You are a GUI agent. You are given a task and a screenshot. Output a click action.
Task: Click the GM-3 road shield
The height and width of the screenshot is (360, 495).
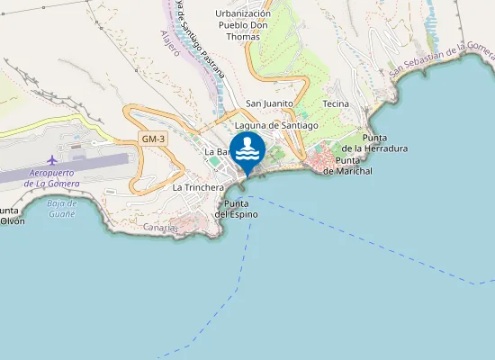click(153, 139)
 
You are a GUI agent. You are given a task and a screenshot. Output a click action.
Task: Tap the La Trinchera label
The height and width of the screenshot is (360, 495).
click(196, 187)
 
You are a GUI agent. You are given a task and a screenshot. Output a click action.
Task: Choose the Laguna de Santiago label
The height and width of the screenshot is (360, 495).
click(276, 126)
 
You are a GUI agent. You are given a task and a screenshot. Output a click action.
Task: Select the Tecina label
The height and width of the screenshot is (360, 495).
click(335, 104)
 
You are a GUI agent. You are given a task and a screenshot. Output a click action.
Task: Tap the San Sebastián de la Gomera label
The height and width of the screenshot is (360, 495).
click(441, 61)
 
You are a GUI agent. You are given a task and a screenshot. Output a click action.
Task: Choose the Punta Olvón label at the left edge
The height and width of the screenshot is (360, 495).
click(11, 216)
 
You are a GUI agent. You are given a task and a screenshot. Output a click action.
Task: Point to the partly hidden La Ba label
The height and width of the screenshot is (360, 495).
click(215, 151)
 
